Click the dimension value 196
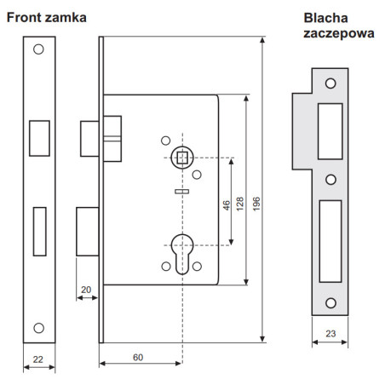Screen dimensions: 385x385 [x=256, y=204]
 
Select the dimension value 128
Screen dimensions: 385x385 [x=240, y=204]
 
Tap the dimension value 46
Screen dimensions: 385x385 [x=227, y=205]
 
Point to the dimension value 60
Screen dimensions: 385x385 [x=138, y=357]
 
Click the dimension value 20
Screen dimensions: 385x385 [x=86, y=290]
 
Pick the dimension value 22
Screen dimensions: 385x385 [x=38, y=359]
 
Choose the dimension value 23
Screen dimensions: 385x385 [x=330, y=333]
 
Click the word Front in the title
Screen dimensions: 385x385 [x=25, y=18]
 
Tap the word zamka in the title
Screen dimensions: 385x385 [x=66, y=18]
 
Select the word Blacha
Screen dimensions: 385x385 [x=325, y=18]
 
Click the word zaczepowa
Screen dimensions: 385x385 [x=339, y=34]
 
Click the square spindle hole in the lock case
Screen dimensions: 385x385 [x=182, y=158]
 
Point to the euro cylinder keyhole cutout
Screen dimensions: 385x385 [x=182, y=254]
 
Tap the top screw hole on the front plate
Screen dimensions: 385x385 [x=38, y=49]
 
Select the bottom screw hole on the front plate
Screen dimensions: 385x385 [x=39, y=328]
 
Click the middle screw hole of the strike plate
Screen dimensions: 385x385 [x=330, y=180]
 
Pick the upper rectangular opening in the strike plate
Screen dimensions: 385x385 [x=330, y=131]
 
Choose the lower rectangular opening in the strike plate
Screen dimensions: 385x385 [x=330, y=241]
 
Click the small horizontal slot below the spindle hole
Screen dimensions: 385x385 [x=182, y=192]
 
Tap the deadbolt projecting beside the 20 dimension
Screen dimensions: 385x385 [x=88, y=232]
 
